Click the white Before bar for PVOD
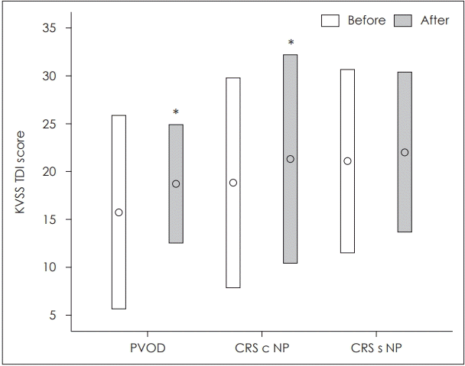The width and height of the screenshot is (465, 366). coord(119,252)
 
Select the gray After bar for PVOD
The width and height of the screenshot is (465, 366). coord(176,214)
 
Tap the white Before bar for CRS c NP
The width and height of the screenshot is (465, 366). coord(233,229)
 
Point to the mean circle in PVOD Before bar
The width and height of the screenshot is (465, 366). coord(119,212)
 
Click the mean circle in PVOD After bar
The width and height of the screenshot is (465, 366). coord(176,183)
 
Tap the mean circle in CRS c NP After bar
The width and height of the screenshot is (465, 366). coord(290,159)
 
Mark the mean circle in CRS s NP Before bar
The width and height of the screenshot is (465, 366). coord(347,161)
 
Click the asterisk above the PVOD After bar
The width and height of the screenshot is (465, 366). coord(176,113)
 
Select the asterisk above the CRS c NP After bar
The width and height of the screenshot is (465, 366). coord(290,44)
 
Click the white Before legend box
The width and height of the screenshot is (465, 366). coord(330,21)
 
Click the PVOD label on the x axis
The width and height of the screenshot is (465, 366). coord(147,348)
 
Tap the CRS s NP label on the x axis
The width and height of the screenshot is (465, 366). coord(376,348)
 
